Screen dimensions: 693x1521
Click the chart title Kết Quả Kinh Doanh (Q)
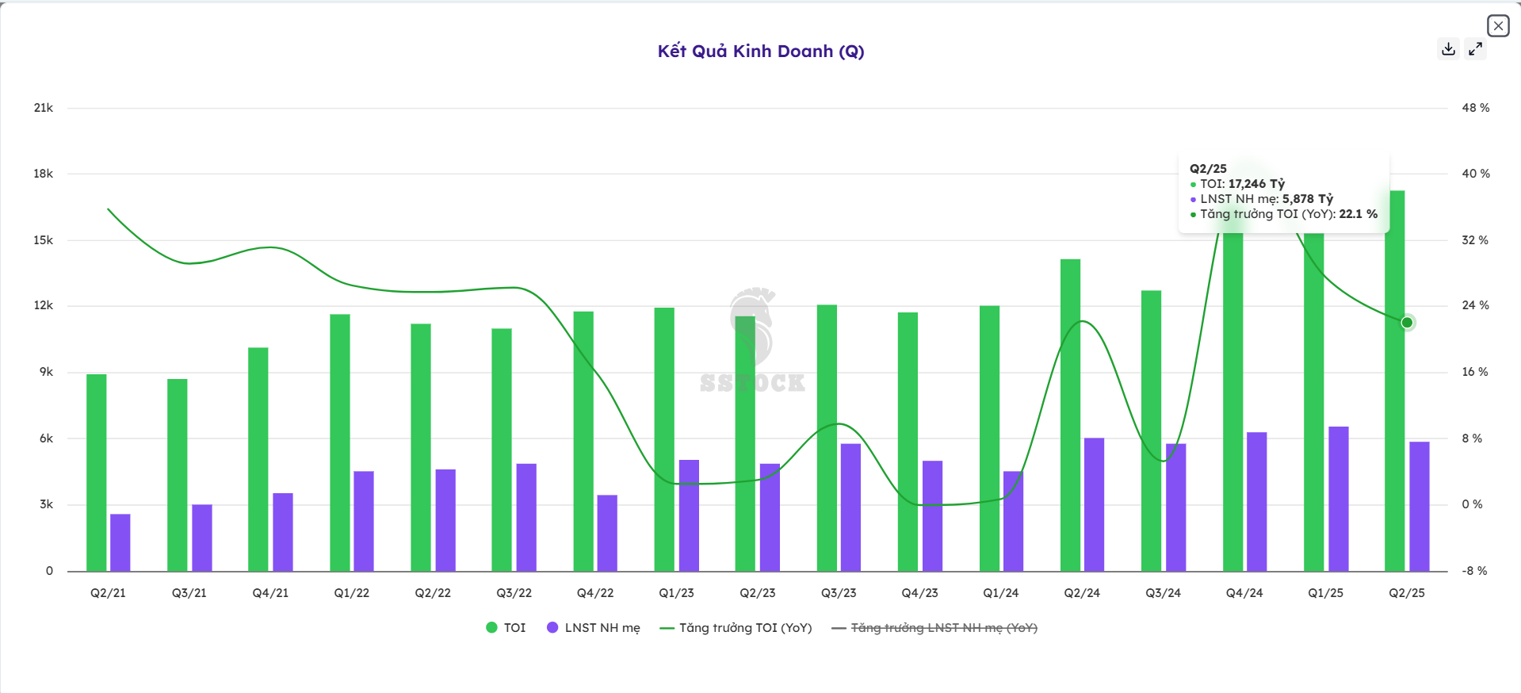tap(760, 52)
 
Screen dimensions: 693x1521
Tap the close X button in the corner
tap(1497, 26)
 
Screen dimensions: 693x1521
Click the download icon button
tap(1448, 49)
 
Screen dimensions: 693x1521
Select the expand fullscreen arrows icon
tap(1475, 49)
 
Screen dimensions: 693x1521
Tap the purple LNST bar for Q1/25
tap(1338, 499)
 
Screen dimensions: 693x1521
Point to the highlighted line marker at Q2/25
tap(1407, 323)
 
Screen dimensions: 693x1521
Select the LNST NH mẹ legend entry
tap(594, 628)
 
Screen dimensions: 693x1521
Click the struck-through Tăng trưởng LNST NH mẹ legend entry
tap(934, 628)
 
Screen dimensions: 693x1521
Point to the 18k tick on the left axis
tap(44, 174)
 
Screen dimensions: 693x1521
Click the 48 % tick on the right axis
tap(1475, 108)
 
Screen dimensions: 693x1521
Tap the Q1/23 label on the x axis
tap(676, 593)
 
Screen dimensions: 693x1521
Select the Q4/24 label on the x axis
tap(1244, 593)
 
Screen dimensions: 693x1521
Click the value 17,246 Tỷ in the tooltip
tap(1256, 184)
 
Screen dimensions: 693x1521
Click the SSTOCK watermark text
tap(752, 384)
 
